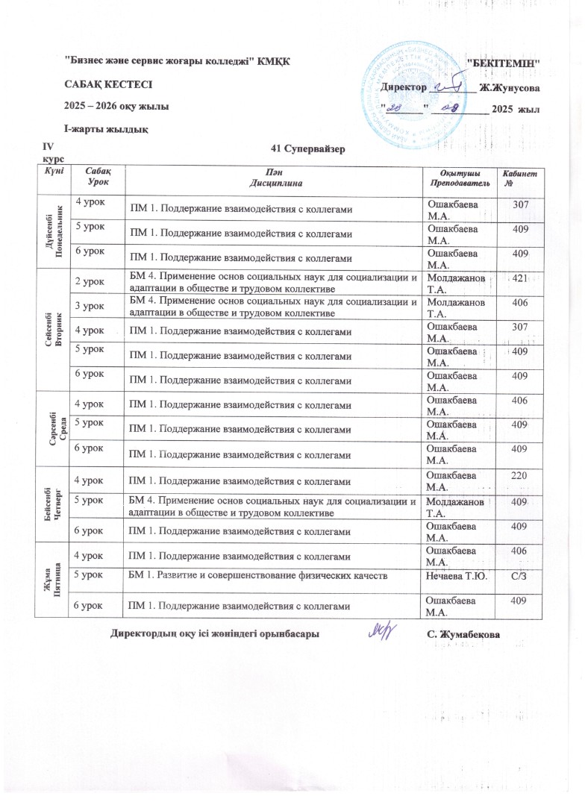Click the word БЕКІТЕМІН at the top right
(503, 63)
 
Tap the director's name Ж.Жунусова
(510, 88)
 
